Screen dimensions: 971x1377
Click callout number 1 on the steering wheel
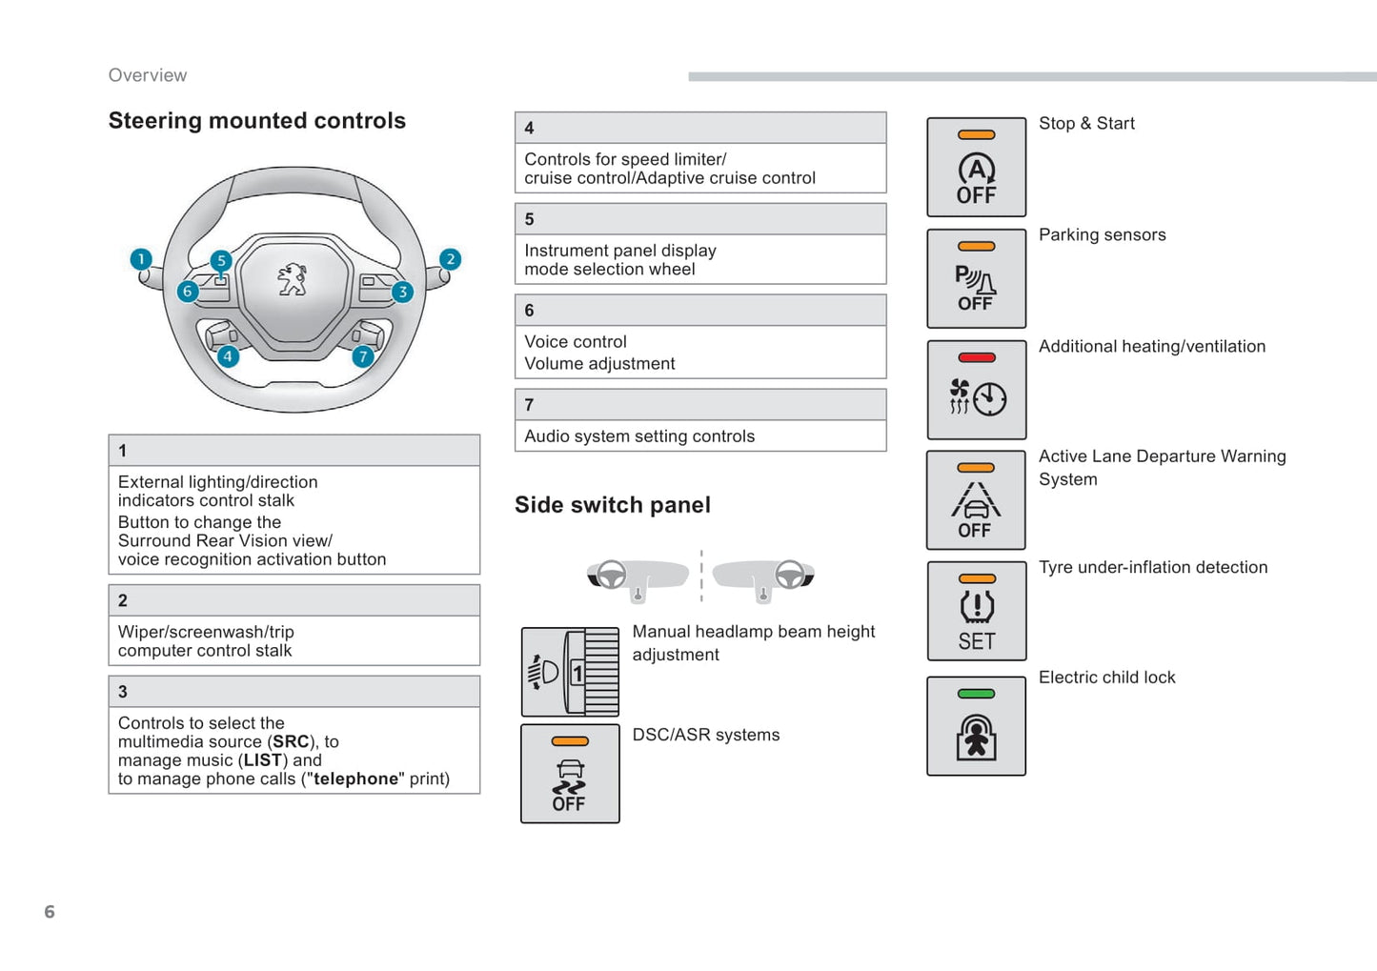click(x=141, y=259)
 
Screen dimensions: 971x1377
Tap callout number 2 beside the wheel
click(x=451, y=259)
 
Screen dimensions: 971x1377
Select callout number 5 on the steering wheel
click(x=221, y=260)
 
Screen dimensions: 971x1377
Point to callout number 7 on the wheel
click(x=362, y=356)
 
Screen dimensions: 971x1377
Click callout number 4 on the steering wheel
click(x=228, y=356)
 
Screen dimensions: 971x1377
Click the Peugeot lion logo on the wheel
click(x=293, y=280)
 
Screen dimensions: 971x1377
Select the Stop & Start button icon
click(x=976, y=168)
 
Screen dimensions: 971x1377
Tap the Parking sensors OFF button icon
click(x=976, y=278)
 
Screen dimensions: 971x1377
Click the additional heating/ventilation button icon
click(x=976, y=390)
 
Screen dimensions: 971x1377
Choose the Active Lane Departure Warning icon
click(x=976, y=500)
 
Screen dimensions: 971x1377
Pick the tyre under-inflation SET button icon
click(x=976, y=611)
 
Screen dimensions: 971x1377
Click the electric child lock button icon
click(x=976, y=726)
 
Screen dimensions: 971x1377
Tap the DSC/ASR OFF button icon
click(x=570, y=774)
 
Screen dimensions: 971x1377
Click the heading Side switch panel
click(x=613, y=505)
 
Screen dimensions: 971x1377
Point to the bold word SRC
click(x=291, y=741)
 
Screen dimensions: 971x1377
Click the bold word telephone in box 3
click(x=355, y=779)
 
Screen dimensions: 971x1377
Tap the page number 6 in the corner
click(x=50, y=912)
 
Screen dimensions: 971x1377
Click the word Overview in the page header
click(x=148, y=75)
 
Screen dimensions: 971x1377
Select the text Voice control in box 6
click(x=576, y=342)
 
